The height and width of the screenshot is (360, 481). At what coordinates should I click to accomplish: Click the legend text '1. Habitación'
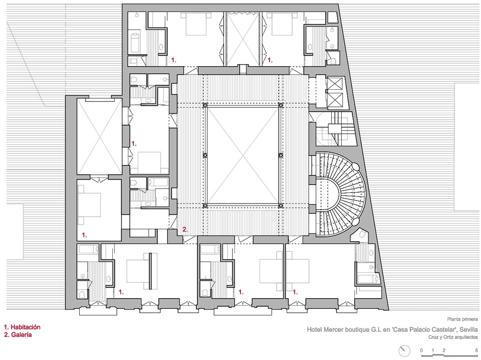coord(22,327)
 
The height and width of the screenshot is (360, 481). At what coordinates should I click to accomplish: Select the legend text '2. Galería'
coord(18,334)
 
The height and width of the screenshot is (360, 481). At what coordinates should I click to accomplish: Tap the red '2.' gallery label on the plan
coord(185,229)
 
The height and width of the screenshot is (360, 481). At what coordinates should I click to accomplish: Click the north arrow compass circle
coord(404,351)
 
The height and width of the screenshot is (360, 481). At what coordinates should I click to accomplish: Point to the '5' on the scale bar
coord(476,350)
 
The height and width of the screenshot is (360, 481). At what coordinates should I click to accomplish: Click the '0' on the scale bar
coord(421,350)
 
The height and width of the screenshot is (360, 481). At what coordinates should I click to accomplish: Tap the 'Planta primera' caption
coord(462,319)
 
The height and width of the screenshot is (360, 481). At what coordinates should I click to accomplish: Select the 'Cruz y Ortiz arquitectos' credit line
coord(453,337)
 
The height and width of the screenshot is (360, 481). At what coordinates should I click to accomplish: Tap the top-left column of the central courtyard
coord(205,105)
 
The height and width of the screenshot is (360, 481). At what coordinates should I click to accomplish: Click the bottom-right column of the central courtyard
coord(281,206)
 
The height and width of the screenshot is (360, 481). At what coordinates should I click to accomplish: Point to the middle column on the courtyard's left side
coord(205,155)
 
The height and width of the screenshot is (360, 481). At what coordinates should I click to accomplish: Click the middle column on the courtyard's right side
coord(281,155)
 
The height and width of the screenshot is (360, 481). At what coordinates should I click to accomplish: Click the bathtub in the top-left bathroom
coord(135,43)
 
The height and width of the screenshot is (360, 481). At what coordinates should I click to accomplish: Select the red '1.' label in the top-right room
coord(270,60)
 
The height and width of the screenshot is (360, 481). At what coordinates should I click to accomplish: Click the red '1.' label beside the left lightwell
coord(134,143)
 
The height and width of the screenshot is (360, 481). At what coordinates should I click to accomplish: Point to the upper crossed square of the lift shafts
coord(334,84)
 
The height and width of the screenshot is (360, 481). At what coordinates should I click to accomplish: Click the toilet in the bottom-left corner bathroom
coord(82,294)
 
